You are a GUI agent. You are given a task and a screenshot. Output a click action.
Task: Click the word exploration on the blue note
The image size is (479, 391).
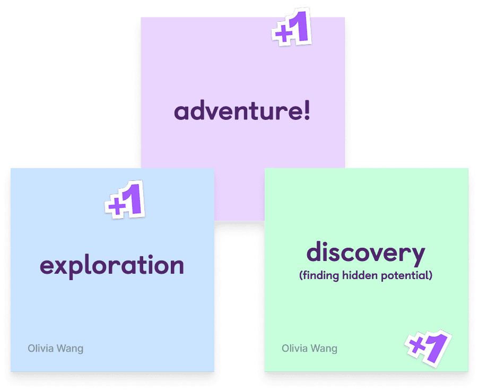[x=112, y=265]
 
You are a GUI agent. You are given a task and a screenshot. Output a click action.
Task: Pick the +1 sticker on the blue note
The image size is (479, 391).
[x=125, y=201]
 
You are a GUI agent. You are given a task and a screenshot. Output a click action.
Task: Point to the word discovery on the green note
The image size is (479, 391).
[x=365, y=254]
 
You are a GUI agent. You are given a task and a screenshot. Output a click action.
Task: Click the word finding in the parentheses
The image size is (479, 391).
[x=319, y=276]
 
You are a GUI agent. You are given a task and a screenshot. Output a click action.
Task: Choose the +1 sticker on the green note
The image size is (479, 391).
[x=428, y=349]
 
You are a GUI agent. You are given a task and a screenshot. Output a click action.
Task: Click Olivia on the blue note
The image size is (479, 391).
[x=40, y=349]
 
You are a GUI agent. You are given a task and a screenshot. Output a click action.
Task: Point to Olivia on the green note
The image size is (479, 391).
[x=294, y=349]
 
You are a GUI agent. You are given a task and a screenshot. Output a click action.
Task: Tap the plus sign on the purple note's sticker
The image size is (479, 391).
[x=282, y=33]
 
